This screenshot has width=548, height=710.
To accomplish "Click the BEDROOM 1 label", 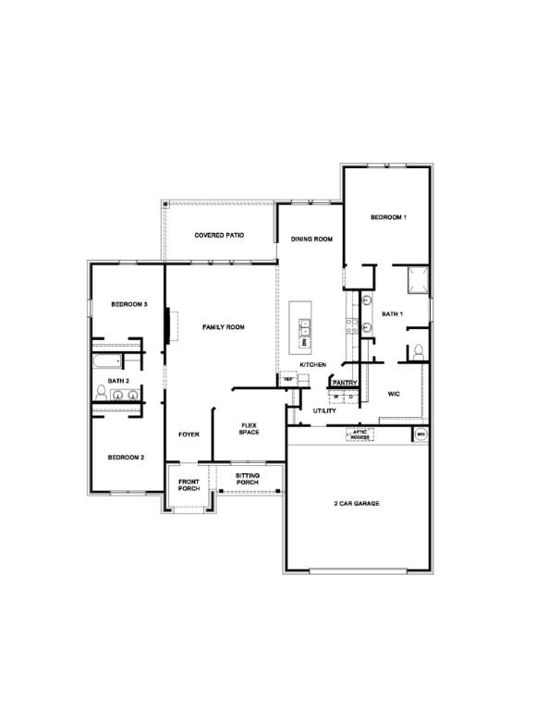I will click(388, 217).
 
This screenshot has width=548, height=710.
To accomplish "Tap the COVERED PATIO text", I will click(219, 236).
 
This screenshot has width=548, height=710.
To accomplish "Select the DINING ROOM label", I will click(311, 239).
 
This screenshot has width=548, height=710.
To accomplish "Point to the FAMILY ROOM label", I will click(223, 327).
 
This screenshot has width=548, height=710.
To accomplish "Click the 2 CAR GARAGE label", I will click(357, 504).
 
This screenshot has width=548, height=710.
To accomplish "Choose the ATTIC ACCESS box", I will click(359, 433).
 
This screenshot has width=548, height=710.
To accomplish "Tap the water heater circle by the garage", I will click(420, 433).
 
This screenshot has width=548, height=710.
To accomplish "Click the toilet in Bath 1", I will click(418, 350).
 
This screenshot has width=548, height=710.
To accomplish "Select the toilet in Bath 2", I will click(100, 391).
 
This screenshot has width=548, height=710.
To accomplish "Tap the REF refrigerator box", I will click(289, 379).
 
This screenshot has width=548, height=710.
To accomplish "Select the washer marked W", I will click(336, 398).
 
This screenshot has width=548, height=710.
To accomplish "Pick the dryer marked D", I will click(351, 398).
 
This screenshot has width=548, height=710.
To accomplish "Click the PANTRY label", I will click(345, 383).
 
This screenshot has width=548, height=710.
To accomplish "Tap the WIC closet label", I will click(393, 394).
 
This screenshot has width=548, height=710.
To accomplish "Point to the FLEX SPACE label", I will click(250, 428).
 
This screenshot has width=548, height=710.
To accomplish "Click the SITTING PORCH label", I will click(247, 479).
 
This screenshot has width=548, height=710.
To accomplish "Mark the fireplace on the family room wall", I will click(168, 325).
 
